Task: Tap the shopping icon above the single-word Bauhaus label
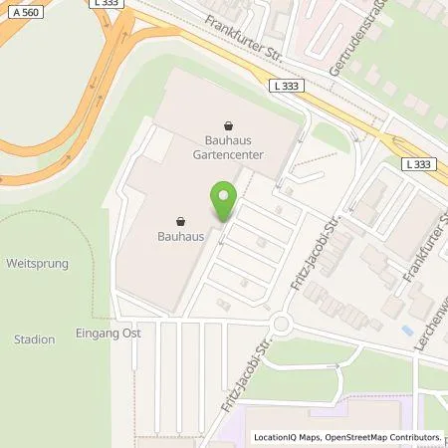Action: click(180, 221)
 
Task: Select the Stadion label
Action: click(35, 339)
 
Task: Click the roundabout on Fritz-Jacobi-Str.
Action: click(282, 324)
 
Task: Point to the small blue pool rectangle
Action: click(405, 330)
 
